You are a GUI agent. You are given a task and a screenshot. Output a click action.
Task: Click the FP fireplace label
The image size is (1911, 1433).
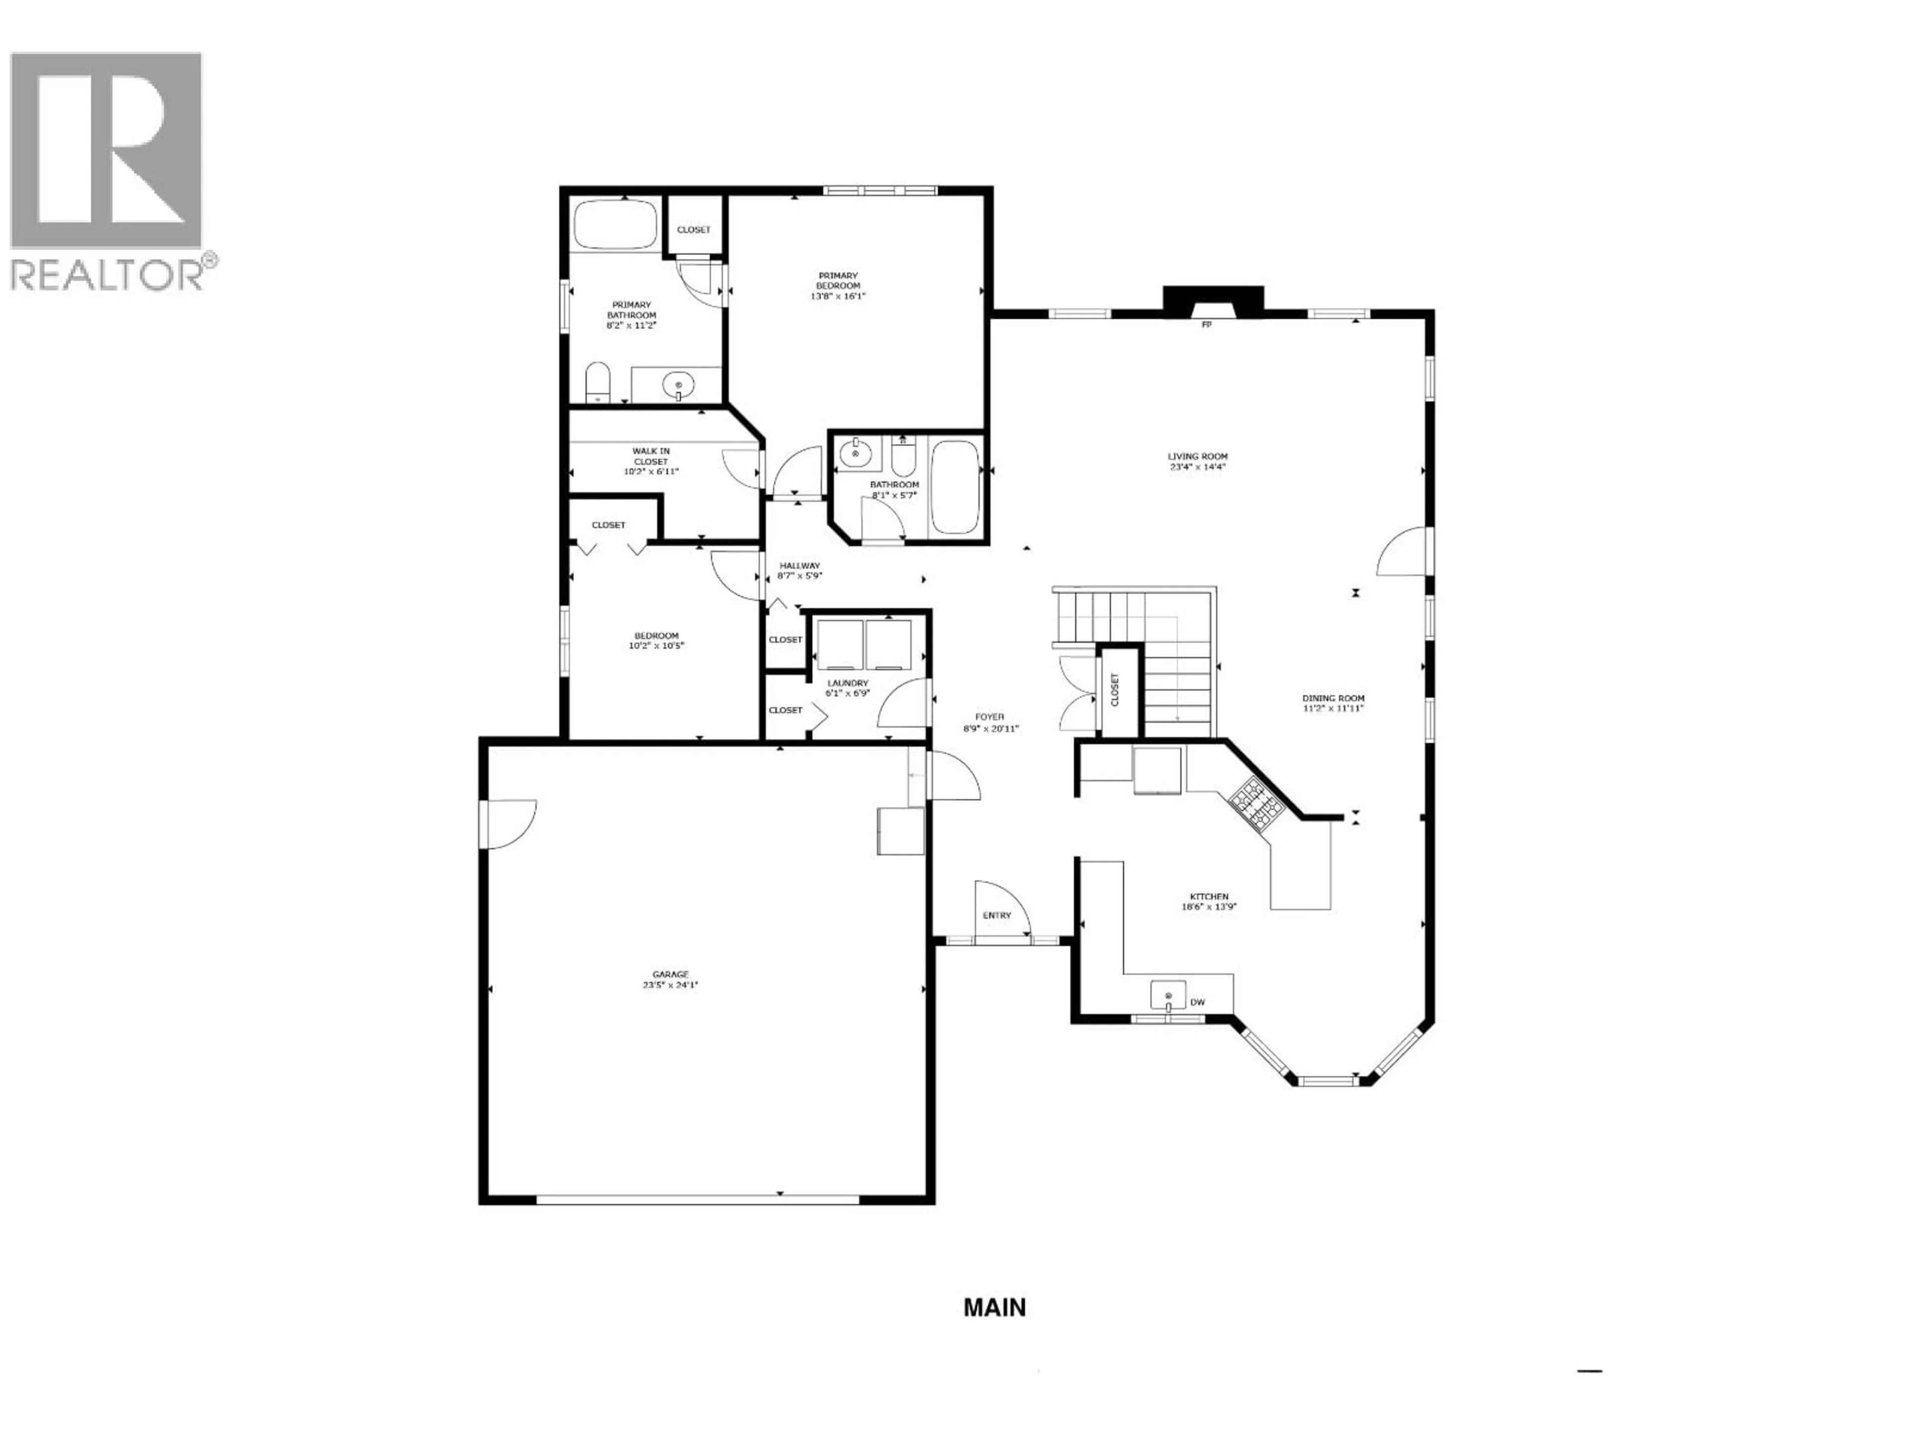click(1207, 325)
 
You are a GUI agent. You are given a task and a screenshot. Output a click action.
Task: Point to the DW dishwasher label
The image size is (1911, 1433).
click(1197, 1003)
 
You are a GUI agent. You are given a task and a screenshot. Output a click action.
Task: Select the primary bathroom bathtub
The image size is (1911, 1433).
click(615, 224)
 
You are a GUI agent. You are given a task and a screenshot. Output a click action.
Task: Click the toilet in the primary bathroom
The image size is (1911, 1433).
click(598, 383)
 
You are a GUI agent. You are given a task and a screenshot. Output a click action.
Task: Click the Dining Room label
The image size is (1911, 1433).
click(1334, 698)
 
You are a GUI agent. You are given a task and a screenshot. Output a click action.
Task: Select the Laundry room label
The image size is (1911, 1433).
click(847, 682)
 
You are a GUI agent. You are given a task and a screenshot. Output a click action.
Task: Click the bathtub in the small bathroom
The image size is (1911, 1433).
click(955, 488)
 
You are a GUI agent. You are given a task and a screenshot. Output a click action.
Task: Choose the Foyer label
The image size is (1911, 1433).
click(990, 717)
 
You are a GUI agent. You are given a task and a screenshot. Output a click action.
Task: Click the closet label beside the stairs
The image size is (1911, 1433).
click(1114, 690)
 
